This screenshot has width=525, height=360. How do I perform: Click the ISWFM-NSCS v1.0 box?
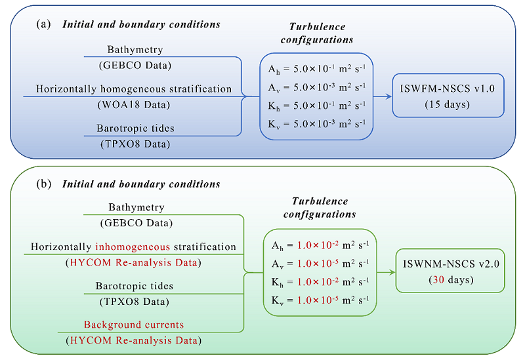[448, 95]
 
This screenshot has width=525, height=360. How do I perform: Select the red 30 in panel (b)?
[432, 279]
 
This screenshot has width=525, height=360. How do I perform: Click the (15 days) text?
[448, 105]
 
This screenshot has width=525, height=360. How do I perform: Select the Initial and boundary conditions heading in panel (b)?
[141, 184]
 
